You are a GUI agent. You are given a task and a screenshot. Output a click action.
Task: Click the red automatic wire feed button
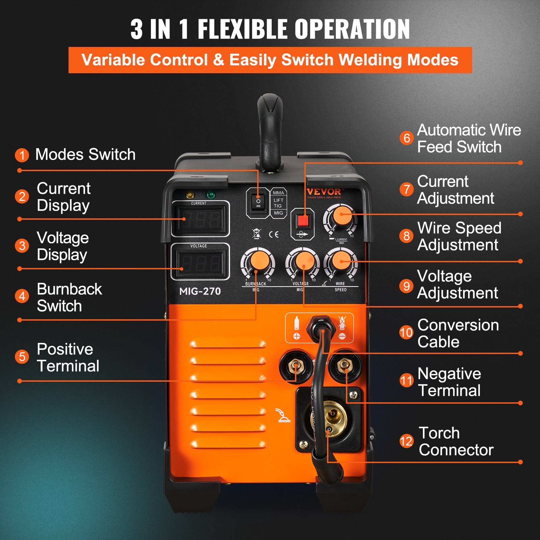(303, 221)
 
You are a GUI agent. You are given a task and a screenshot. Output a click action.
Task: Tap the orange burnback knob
(258, 261)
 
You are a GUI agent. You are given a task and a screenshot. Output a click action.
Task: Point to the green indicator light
(211, 195)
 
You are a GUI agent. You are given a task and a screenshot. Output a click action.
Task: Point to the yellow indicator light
(190, 195)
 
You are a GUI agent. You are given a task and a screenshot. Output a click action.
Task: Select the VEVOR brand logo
(324, 192)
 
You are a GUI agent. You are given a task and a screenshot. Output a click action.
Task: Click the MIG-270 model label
(200, 291)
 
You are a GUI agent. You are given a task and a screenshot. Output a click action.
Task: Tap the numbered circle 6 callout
(407, 138)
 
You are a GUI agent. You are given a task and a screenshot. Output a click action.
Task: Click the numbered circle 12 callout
(406, 441)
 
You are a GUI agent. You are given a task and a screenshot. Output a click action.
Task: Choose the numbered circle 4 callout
(22, 296)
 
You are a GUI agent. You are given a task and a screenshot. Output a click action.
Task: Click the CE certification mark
(274, 234)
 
